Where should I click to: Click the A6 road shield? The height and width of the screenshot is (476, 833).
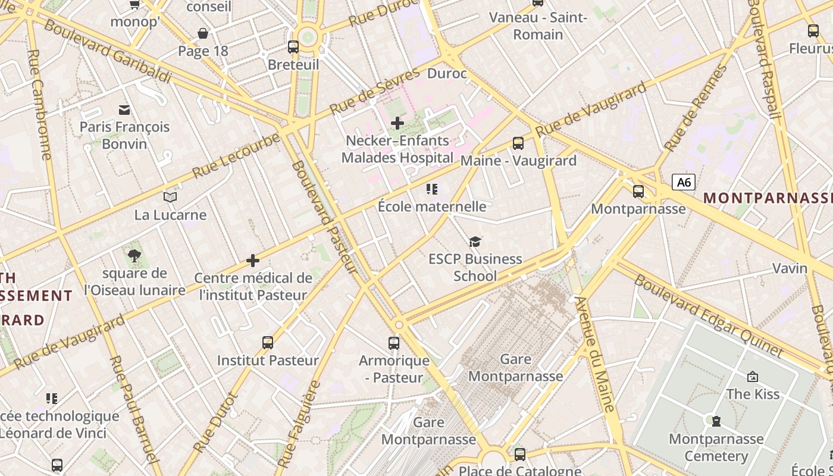(684, 182)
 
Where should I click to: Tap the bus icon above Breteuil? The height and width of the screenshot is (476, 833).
(293, 46)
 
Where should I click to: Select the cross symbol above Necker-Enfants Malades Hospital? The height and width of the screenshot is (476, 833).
(397, 123)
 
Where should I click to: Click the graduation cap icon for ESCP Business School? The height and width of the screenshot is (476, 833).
(475, 241)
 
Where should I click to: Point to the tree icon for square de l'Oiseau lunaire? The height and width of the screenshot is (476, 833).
(134, 256)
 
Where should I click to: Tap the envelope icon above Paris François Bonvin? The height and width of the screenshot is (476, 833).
(124, 109)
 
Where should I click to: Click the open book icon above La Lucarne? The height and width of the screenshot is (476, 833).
(170, 197)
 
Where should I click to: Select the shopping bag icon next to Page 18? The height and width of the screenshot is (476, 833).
(203, 33)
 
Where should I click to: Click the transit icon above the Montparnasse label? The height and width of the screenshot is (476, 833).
(638, 191)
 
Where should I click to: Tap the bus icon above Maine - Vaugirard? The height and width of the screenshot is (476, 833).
(518, 143)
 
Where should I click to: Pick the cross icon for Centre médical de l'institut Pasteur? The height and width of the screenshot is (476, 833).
(253, 261)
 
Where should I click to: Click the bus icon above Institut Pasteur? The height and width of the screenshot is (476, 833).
(268, 342)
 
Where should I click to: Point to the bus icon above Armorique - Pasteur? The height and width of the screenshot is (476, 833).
(394, 343)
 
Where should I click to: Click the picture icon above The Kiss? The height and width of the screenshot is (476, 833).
(752, 377)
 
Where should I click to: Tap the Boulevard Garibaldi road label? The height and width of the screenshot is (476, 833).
(108, 52)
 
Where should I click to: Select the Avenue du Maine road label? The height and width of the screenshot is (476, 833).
(595, 354)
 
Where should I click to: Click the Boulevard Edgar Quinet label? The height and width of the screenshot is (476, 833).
(708, 315)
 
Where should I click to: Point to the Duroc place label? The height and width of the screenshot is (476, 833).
(447, 74)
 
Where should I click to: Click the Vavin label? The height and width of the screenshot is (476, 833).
(790, 268)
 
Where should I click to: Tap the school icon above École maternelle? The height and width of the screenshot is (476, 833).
(432, 189)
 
